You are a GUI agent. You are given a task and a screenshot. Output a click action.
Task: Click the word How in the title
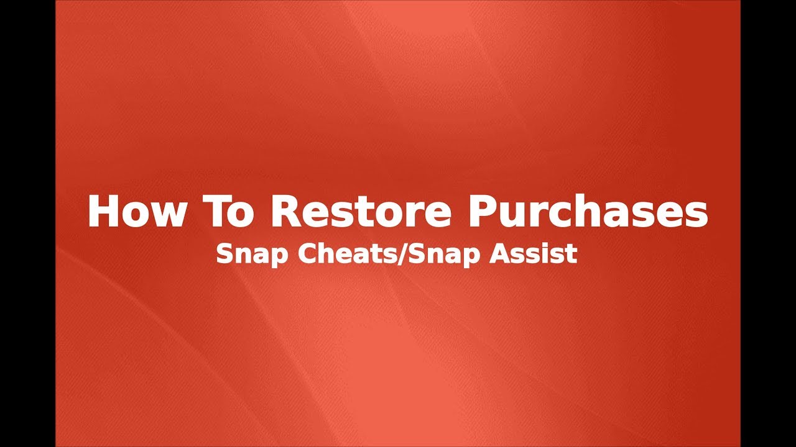click(x=136, y=212)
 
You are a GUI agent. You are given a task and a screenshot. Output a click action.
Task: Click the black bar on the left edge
click(x=27, y=223)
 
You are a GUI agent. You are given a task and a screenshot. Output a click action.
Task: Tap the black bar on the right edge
click(x=768, y=223)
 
